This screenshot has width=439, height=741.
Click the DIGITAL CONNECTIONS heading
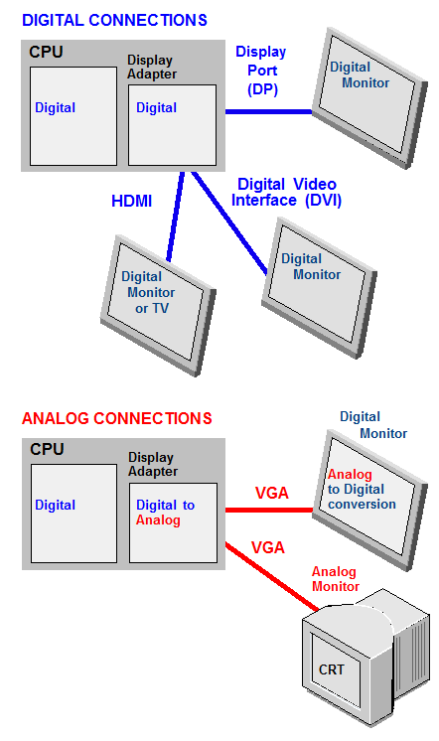point(114,20)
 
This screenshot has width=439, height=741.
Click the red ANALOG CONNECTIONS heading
point(117,418)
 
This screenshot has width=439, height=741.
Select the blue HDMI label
point(131,201)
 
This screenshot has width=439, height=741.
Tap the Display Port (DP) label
point(261,71)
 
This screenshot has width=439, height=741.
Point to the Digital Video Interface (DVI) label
point(286,192)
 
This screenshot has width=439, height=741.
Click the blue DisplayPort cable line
point(268,112)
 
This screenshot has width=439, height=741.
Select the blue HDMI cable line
point(176,217)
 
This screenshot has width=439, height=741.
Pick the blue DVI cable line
point(229,223)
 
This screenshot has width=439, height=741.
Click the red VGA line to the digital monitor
point(269,510)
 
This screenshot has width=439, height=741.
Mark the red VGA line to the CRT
point(272,576)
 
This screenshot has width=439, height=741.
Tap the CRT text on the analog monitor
point(332,669)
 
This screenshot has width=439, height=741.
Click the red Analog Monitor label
point(335,579)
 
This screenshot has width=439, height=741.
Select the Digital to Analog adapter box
point(174,522)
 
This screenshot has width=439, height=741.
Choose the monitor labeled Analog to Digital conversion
point(369,500)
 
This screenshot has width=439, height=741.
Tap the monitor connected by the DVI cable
point(319,287)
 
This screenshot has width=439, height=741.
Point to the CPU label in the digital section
point(46,52)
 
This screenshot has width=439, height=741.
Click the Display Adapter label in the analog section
point(153,464)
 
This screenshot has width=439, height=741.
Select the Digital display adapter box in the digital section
point(173,125)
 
